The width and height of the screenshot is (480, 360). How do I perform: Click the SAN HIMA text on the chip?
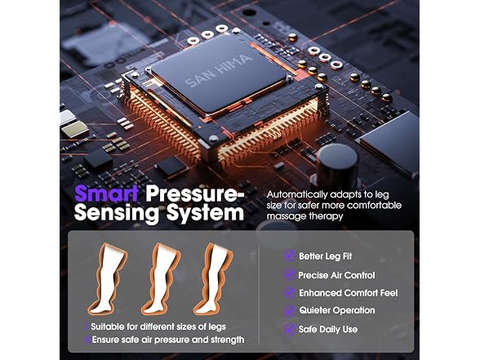click(219, 70)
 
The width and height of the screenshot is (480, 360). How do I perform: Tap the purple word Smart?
click(106, 193)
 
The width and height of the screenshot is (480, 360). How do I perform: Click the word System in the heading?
click(205, 213)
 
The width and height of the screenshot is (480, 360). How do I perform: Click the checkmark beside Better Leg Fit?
click(289, 256)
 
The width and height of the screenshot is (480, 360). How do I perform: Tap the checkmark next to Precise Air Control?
click(289, 274)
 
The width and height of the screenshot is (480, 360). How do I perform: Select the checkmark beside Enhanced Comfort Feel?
click(289, 292)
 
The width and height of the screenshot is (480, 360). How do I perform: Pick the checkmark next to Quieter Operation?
click(289, 310)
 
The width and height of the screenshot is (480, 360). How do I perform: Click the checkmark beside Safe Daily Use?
click(289, 329)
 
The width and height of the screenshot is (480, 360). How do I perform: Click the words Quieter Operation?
click(337, 310)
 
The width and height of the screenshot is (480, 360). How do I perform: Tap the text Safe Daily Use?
click(328, 330)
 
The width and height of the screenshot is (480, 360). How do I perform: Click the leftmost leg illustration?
click(108, 279)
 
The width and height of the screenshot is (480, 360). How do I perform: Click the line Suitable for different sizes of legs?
click(158, 327)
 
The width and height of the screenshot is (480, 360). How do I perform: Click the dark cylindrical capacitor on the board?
click(337, 165)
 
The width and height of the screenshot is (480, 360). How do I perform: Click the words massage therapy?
click(304, 216)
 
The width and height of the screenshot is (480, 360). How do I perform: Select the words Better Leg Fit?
click(326, 256)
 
